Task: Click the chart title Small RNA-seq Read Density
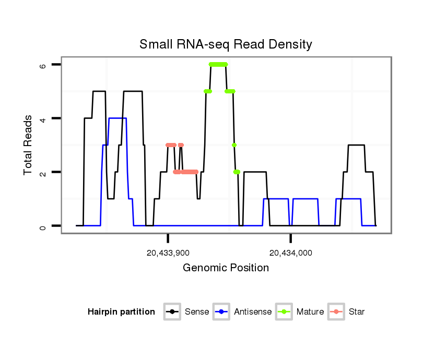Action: click(x=226, y=44)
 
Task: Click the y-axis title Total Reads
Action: click(x=29, y=145)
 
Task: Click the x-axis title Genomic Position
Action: click(x=226, y=268)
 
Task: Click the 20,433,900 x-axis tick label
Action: click(x=168, y=253)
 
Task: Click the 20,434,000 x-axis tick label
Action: click(x=290, y=253)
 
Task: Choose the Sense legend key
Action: click(x=172, y=312)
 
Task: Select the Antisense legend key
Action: click(x=221, y=312)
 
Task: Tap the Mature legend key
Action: click(x=284, y=312)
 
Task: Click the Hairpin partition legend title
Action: click(x=121, y=312)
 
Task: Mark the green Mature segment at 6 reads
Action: click(x=218, y=64)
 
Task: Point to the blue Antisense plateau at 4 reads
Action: click(x=118, y=118)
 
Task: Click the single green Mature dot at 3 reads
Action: click(x=234, y=145)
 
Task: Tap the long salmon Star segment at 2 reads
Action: click(x=187, y=172)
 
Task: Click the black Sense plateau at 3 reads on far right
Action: click(x=356, y=145)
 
